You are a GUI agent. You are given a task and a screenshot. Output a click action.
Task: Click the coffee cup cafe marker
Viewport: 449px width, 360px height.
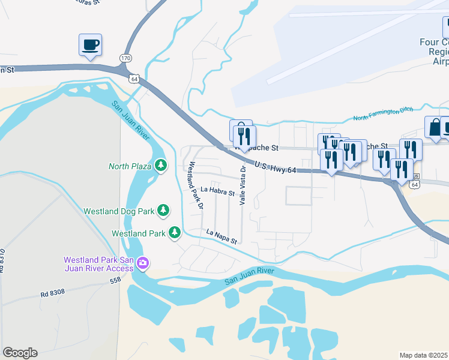(90, 45)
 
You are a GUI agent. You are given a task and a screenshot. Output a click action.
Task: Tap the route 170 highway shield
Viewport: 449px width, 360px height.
(125, 58)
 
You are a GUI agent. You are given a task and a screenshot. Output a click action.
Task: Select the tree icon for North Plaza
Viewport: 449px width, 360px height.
(161, 165)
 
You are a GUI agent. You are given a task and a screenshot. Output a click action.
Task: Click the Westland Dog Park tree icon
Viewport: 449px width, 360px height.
(163, 211)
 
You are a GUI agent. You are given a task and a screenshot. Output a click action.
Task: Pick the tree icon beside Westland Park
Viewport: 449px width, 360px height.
(175, 232)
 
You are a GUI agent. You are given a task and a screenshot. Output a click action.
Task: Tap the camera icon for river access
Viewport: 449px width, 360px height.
(143, 263)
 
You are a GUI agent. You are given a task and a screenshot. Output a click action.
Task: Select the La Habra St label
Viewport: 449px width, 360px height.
(217, 191)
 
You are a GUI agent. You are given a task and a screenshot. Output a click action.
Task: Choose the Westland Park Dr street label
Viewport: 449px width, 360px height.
(196, 185)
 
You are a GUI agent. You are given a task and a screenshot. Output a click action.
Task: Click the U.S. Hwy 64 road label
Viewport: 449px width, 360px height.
(276, 167)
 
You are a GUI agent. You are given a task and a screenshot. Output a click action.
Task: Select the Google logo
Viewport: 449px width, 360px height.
(20, 353)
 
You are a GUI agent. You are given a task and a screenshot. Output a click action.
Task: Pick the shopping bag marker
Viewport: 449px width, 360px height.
(433, 127)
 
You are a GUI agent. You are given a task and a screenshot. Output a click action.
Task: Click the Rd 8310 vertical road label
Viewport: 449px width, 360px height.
(3, 261)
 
